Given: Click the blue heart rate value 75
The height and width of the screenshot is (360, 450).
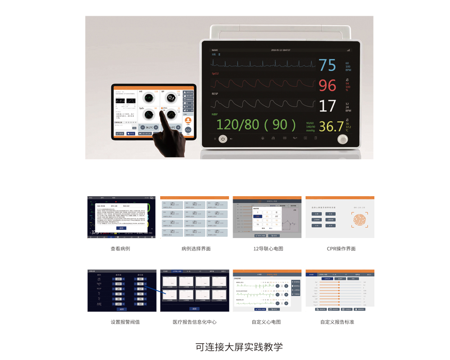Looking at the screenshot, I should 328,65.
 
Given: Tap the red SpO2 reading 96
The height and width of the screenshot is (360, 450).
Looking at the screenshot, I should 328,85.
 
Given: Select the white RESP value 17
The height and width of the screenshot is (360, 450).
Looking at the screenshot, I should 328,106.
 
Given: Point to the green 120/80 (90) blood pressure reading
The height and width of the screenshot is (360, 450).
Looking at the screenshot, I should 256,125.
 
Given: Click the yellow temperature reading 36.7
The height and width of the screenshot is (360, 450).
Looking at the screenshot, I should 331,126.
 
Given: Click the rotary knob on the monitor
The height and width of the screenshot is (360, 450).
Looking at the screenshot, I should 343,139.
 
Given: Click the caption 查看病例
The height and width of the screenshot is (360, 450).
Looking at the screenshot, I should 120,248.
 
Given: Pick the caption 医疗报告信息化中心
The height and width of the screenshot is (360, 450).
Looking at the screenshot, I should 194,322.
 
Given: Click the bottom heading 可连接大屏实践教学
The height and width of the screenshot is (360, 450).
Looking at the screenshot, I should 239,347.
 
